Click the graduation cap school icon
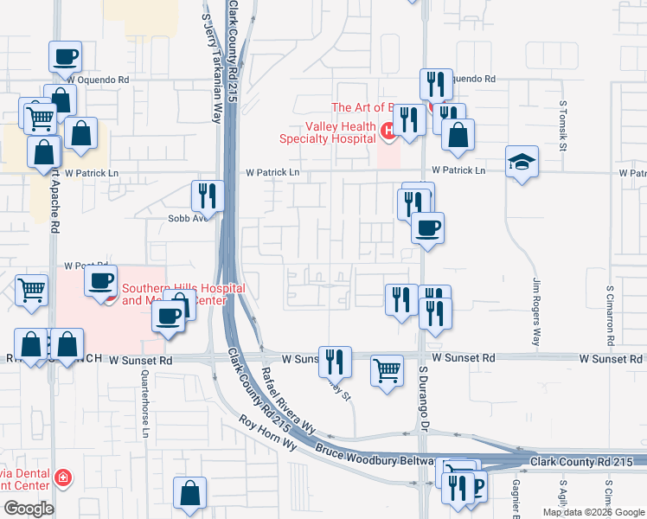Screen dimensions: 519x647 point(522,162)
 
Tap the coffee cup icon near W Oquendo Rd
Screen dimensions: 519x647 point(65,58)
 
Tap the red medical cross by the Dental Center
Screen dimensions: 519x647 point(61,477)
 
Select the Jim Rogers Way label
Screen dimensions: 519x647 point(536,312)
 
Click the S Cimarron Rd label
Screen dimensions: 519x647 point(610,311)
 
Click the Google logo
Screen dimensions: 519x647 point(29,509)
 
